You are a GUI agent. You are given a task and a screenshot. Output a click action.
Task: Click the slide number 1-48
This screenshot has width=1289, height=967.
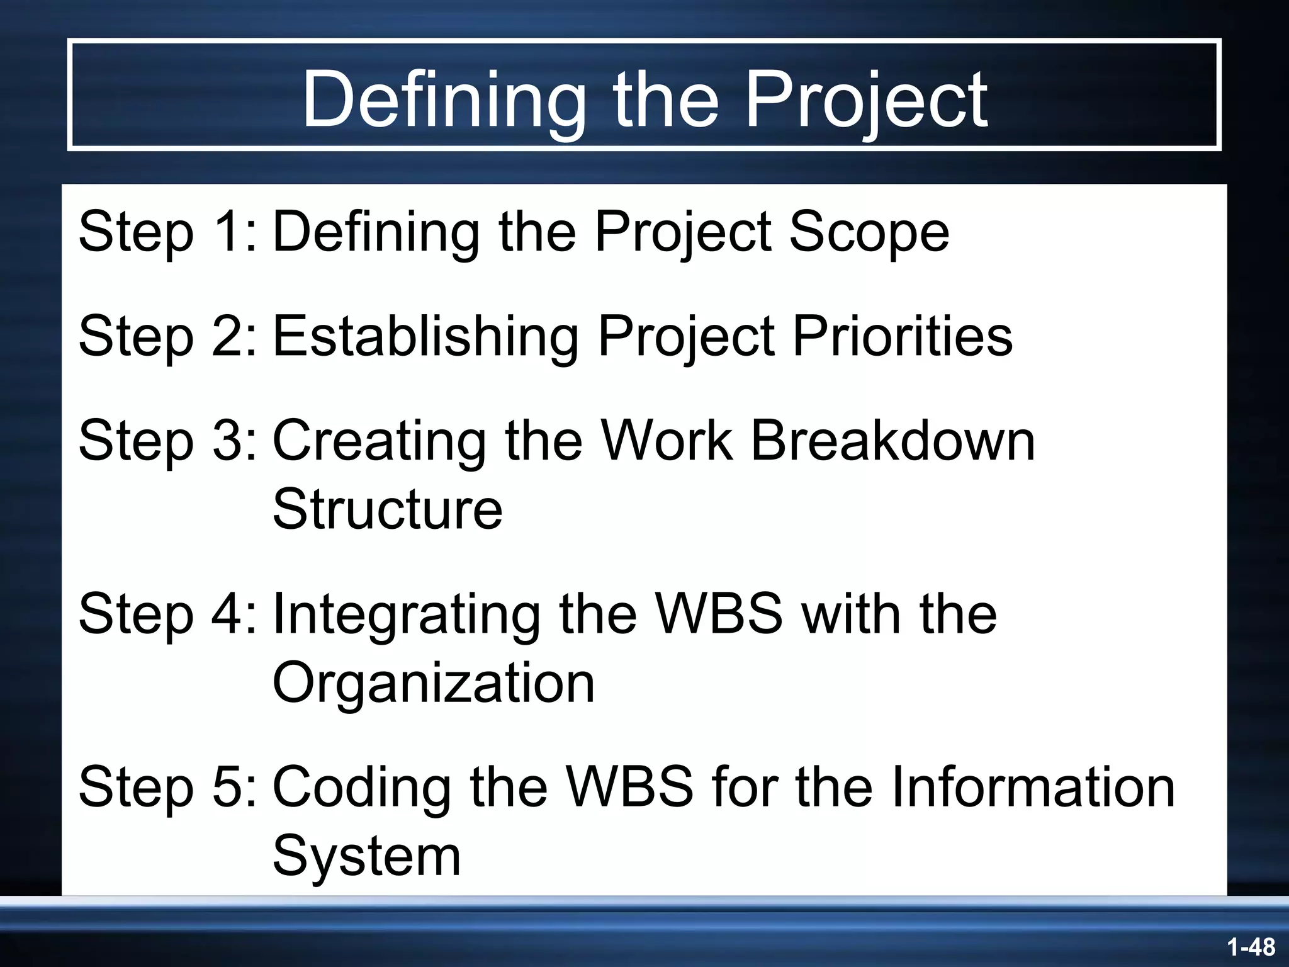(1251, 947)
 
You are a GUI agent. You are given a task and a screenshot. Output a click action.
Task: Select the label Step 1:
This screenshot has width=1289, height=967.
(167, 232)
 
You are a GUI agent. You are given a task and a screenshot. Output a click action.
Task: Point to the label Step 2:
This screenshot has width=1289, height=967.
(167, 336)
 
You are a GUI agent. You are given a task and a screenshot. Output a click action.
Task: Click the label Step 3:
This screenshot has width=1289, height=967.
(167, 441)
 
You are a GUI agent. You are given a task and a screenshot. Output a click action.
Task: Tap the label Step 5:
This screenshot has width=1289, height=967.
(167, 787)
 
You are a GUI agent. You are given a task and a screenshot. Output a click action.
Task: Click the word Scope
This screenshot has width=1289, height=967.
(869, 233)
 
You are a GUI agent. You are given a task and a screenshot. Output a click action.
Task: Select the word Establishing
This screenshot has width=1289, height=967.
(425, 337)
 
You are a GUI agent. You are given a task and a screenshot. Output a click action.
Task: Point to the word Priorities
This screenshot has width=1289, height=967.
(902, 336)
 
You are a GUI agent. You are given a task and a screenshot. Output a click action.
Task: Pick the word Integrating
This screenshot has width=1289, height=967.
(406, 616)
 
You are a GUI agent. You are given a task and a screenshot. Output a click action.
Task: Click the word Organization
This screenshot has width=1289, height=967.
(433, 684)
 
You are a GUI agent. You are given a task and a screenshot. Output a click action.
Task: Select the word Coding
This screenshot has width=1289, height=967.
(362, 788)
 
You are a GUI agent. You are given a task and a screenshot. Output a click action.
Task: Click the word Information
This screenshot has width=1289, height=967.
(1032, 787)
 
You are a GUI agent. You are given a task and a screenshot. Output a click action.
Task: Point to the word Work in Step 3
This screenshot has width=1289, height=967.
(667, 441)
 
